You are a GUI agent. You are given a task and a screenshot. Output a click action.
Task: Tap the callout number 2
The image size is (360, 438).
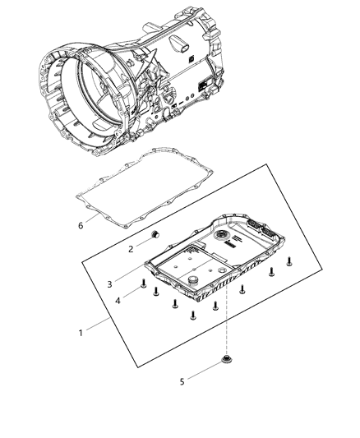(x=130, y=247)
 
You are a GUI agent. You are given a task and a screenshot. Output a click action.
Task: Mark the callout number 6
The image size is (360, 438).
(x=80, y=224)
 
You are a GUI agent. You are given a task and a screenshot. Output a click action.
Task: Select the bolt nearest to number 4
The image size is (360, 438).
(x=145, y=287)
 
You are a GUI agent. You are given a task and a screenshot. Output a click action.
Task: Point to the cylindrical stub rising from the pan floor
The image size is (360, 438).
(x=193, y=284)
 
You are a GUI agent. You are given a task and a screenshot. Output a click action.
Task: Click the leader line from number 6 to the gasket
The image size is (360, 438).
(x=93, y=216)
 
